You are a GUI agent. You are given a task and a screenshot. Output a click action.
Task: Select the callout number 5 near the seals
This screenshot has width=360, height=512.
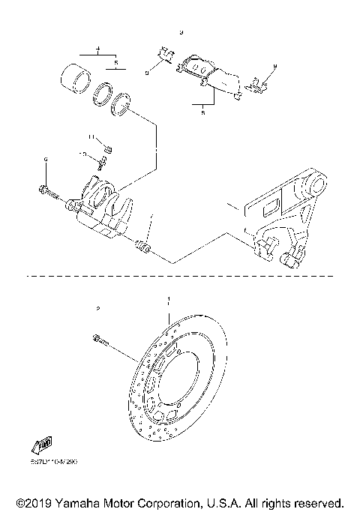pyautogui.click(x=115, y=64)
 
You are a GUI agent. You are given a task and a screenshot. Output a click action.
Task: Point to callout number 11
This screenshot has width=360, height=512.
pyautogui.click(x=90, y=138)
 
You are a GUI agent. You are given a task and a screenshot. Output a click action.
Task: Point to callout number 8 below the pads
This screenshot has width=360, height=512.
pyautogui.click(x=202, y=113)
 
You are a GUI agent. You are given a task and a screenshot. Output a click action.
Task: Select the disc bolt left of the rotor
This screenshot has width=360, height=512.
pyautogui.click(x=103, y=342)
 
